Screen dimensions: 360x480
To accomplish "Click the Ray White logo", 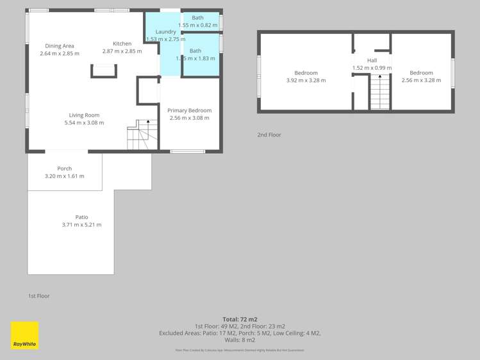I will click(x=24, y=335).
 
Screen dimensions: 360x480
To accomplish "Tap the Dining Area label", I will click(x=60, y=45).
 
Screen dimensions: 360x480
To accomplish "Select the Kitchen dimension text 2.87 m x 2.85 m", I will click(x=122, y=51).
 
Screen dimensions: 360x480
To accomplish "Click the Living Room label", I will click(x=84, y=115).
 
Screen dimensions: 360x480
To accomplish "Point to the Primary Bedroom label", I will click(x=190, y=110).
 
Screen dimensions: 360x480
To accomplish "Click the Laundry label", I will click(x=165, y=31).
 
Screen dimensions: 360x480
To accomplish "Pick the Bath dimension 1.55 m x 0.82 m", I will click(x=197, y=24).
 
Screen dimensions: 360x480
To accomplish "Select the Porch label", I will click(x=64, y=168).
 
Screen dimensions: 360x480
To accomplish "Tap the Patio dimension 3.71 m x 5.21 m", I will click(x=81, y=225).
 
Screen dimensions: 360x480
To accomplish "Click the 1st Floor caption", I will click(x=38, y=296).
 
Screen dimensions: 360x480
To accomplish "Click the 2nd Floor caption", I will click(x=269, y=135).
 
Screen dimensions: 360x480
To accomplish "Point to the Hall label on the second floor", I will click(x=372, y=60).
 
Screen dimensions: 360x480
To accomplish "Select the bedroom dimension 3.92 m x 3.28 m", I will click(x=306, y=81).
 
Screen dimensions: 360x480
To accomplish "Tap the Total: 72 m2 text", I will click(x=240, y=319).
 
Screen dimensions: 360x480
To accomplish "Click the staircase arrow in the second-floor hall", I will click(x=379, y=78).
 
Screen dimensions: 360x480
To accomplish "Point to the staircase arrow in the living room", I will click(x=148, y=122).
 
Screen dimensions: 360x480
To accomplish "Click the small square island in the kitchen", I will click(x=103, y=70).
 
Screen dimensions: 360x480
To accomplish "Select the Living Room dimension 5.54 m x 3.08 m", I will click(x=84, y=122).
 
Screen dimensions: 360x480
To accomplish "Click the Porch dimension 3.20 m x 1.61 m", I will click(x=64, y=176).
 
